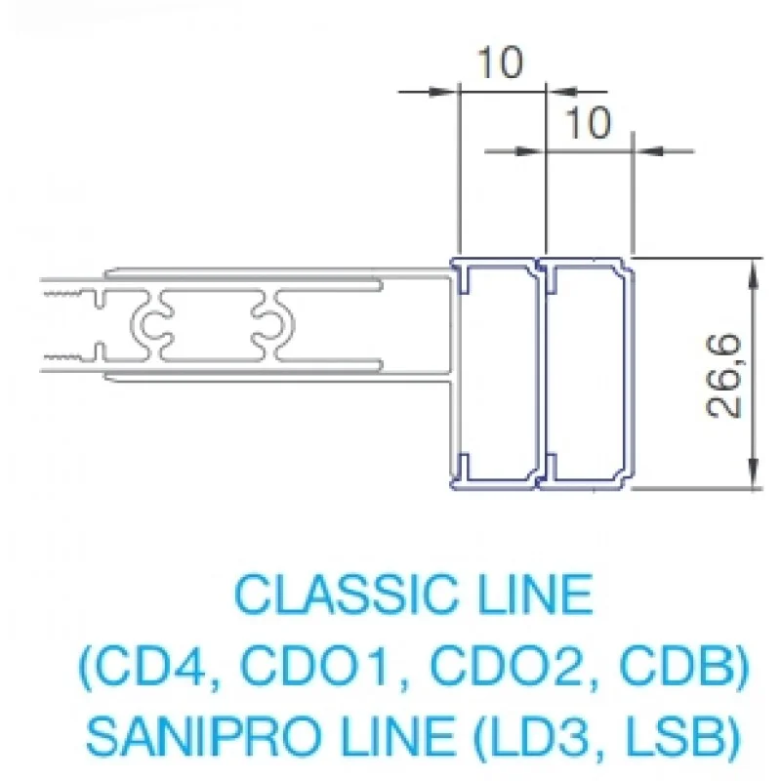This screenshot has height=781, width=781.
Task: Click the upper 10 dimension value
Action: pyautogui.click(x=501, y=62)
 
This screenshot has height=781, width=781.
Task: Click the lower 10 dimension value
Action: pyautogui.click(x=588, y=123)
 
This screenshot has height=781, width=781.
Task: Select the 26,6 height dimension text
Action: pyautogui.click(x=723, y=376)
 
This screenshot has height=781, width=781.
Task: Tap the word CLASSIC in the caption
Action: pyautogui.click(x=345, y=595)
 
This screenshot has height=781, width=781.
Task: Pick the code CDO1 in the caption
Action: pyautogui.click(x=314, y=667)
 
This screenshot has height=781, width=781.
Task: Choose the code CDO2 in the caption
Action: pyautogui.click(x=505, y=667)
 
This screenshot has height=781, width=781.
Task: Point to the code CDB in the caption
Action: pyautogui.click(x=677, y=667)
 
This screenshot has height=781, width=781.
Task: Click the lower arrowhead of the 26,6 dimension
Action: pyautogui.click(x=754, y=473)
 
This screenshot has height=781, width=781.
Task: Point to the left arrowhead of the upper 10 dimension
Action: pyautogui.click(x=442, y=92)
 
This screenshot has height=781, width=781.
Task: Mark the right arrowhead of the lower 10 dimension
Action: pyautogui.click(x=647, y=150)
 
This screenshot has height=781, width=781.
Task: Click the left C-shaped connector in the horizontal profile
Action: pyautogui.click(x=154, y=324)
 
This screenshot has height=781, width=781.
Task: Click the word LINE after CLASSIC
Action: pyautogui.click(x=535, y=595)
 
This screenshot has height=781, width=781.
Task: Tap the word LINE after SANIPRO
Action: pyautogui.click(x=398, y=737)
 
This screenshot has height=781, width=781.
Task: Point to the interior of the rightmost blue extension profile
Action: pyautogui.click(x=587, y=374)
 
